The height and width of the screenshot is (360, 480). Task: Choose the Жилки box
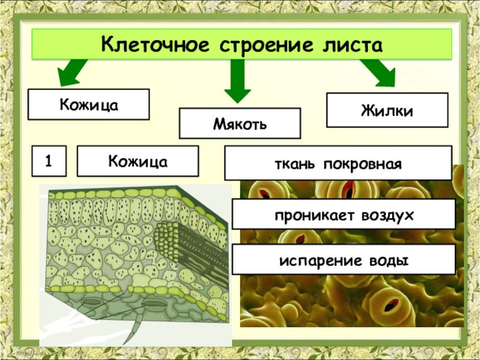coord(387,110)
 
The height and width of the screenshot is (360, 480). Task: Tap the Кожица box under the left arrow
coord(88,104)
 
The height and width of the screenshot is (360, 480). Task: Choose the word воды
coord(388,260)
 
